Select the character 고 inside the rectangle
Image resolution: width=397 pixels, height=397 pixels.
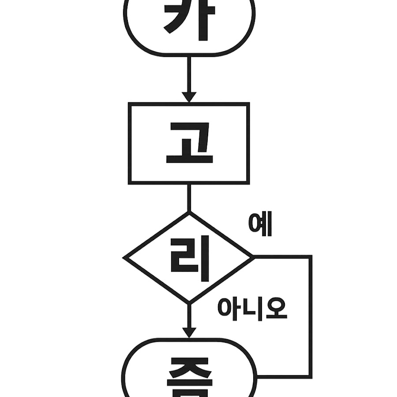[189, 143]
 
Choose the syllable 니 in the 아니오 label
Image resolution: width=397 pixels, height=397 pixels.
[252, 308]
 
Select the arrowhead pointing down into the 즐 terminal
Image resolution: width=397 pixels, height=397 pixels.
[189, 332]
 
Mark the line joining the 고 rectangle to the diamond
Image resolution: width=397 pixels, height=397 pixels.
[189, 198]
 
